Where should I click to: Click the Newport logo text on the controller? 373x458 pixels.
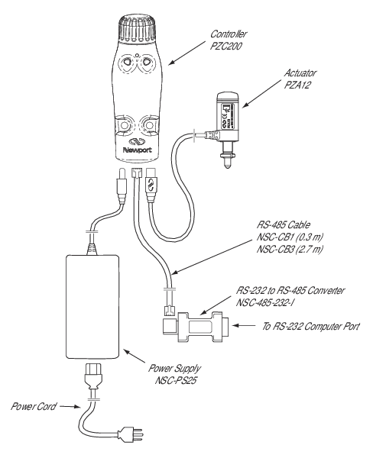click(x=138, y=150)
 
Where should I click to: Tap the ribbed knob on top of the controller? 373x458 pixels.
click(x=137, y=28)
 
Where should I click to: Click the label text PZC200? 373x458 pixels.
click(x=225, y=46)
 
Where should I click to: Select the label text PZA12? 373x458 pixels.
click(x=297, y=85)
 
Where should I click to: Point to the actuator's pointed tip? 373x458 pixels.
click(x=227, y=167)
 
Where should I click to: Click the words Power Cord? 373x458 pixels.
click(x=34, y=406)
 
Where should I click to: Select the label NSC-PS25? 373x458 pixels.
click(x=176, y=381)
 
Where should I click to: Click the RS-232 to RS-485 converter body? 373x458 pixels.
click(x=199, y=327)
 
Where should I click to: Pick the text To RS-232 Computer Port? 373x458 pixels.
click(x=310, y=326)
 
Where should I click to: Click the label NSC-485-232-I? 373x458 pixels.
click(x=265, y=302)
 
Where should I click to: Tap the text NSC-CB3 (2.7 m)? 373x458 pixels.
click(x=290, y=249)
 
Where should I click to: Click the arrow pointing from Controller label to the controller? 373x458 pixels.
click(x=187, y=53)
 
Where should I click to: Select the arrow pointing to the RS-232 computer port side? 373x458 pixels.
click(x=243, y=325)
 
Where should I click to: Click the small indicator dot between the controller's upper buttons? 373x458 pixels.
click(x=137, y=54)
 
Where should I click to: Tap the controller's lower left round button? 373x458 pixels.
click(x=125, y=126)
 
